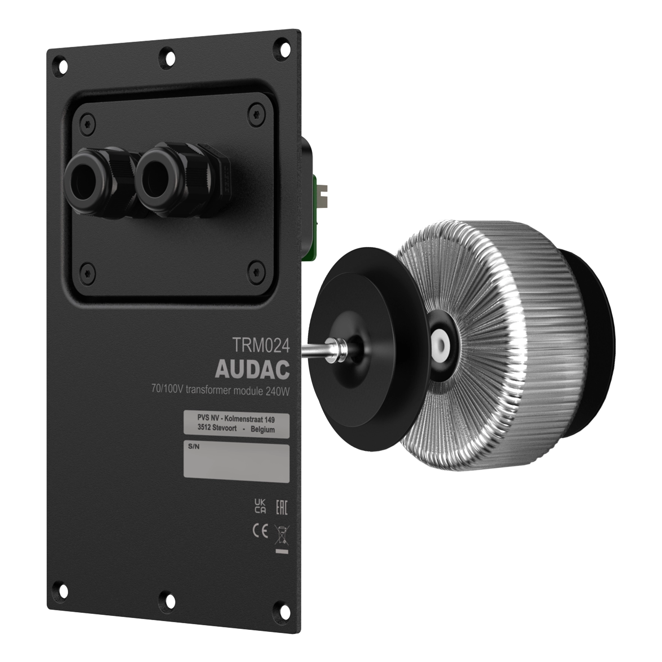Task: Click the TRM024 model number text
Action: coord(261,345)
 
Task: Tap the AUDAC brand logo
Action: coord(252,369)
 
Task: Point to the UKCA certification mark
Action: coord(260,516)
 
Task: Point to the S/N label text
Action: coord(194,447)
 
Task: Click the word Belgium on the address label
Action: coord(262,430)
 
